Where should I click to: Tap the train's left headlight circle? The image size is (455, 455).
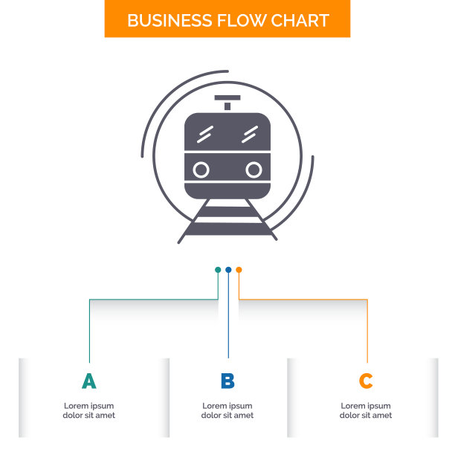point(201,170)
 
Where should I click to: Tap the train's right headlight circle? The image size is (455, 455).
point(254,170)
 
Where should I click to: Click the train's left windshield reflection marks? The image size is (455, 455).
point(205,134)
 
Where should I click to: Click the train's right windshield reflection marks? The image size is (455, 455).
point(250,134)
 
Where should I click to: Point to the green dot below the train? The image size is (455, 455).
point(218,270)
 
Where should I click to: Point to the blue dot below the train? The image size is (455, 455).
point(228,270)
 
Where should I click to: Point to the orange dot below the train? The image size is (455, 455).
point(239,270)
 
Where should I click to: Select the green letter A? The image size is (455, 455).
point(89,381)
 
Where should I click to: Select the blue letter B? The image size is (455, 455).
point(227,381)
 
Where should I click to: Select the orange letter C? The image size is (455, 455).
point(366,381)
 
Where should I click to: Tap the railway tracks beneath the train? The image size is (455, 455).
point(227,219)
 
